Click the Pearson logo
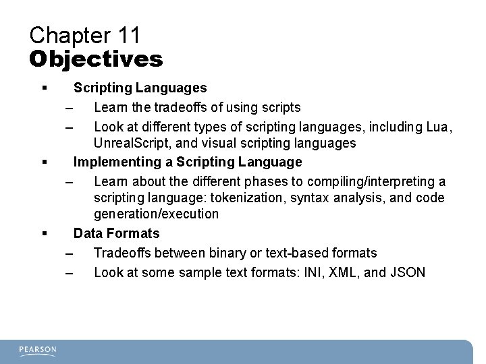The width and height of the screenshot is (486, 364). [38, 351]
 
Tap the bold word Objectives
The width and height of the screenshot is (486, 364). [96, 59]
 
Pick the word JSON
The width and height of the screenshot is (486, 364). [407, 272]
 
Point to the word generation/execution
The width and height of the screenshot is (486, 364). [156, 214]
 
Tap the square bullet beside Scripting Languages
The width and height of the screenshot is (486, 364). [44, 88]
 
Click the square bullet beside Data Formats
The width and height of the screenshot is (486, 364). [44, 234]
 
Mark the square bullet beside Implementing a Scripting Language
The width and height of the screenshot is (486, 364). [44, 162]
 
